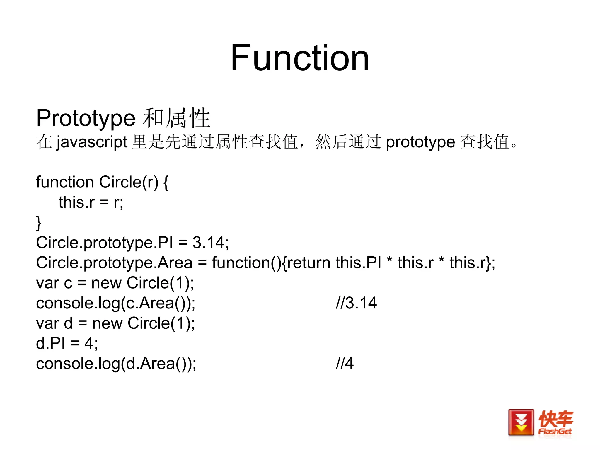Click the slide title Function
[299, 58]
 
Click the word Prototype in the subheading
[86, 118]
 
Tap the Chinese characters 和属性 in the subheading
[176, 118]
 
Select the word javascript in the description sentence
[92, 142]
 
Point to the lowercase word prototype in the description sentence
[420, 142]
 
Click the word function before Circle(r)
[65, 182]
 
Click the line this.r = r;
[91, 202]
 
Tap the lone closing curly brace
[39, 223]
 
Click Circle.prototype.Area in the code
[114, 262]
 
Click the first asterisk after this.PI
[389, 260]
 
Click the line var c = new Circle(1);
[115, 283]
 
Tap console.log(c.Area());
[116, 303]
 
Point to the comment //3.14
[356, 303]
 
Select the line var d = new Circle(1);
[115, 323]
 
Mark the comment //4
[345, 363]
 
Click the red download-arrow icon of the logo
[521, 422]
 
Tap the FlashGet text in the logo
[555, 431]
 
